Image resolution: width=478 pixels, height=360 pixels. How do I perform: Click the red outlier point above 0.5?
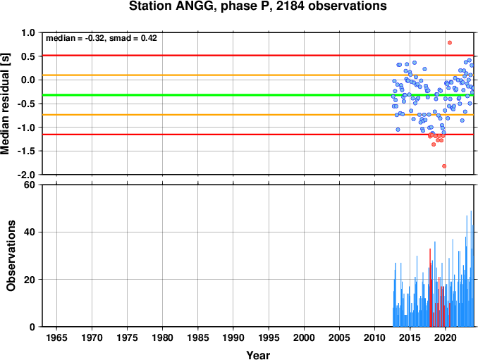(450, 43)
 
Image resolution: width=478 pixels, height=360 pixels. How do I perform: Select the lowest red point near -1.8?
(444, 166)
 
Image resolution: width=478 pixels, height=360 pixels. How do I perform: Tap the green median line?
(258, 95)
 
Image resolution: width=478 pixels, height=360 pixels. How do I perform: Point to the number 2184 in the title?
(290, 6)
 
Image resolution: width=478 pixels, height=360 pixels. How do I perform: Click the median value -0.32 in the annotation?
(94, 38)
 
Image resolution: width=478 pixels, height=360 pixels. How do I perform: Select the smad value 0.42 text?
(149, 38)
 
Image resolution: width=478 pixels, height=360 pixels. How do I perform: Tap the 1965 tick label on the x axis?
(56, 337)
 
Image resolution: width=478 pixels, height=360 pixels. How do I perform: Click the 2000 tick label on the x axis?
(304, 337)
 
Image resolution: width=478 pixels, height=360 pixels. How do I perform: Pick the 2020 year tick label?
(446, 337)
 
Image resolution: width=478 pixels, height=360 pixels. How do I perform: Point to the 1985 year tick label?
(198, 337)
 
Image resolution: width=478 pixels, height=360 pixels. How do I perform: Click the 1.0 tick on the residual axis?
(28, 32)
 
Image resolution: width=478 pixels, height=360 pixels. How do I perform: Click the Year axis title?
(258, 355)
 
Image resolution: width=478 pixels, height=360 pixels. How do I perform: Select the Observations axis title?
(11, 256)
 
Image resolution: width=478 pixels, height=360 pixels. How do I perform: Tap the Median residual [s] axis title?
(5, 104)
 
